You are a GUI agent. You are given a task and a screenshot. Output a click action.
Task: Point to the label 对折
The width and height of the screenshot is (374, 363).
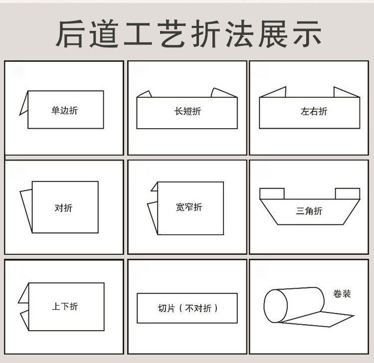63,208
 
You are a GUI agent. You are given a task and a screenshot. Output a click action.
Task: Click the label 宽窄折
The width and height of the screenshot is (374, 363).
189,207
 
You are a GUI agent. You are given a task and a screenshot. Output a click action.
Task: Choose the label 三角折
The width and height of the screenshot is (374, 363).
309,211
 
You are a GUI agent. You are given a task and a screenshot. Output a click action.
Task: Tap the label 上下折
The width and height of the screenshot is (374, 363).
65,306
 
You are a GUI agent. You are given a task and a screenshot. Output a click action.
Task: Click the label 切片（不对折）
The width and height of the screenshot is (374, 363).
187,308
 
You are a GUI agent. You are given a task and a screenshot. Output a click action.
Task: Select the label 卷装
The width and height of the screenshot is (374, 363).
342,294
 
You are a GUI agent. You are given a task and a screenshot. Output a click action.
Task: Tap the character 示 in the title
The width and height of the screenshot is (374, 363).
304,33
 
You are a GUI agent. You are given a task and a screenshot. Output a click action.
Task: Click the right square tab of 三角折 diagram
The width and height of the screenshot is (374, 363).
347,193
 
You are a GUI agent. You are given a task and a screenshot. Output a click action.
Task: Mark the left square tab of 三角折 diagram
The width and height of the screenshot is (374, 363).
272,193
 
